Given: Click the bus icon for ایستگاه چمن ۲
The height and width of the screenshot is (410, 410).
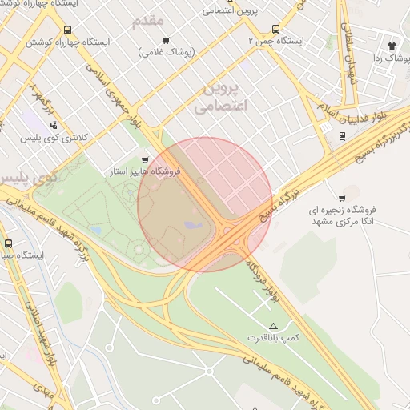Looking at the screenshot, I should point(277,28).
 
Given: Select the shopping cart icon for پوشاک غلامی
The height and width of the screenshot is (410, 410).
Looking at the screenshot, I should point(166,40).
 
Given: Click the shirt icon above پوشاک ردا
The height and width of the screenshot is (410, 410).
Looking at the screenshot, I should point(392,46).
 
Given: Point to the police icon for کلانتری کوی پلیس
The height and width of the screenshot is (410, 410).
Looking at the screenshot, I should point(54,125).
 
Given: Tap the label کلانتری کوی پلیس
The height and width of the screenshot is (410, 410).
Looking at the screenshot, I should point(54,139).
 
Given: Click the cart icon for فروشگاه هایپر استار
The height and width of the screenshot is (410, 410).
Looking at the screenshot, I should point(145,160).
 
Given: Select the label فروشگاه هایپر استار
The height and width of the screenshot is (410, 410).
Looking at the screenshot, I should point(145,172).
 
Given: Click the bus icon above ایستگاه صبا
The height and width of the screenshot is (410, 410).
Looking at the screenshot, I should point(8,243).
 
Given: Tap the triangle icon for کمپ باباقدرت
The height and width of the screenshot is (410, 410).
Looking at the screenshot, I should point(274,326).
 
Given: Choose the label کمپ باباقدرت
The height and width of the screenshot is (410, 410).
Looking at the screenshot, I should point(273,339).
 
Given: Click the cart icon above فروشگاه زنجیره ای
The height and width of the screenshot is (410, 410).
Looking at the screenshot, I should point(343,198).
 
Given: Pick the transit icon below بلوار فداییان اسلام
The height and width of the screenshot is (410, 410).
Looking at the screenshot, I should point(343,135).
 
